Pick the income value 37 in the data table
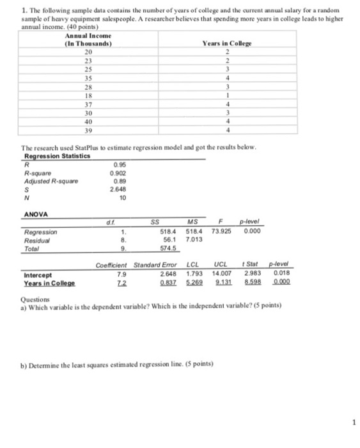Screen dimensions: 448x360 click(89, 104)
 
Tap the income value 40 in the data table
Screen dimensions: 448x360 click(89, 120)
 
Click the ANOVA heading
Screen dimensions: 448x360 click(34, 215)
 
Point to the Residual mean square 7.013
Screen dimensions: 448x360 click(194, 238)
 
